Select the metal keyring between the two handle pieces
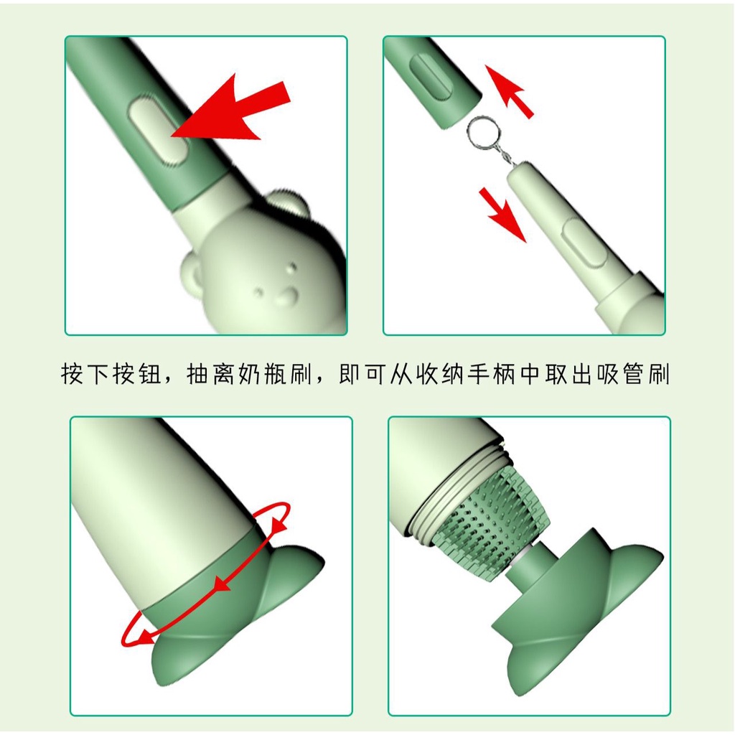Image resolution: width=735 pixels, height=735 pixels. [x=483, y=133]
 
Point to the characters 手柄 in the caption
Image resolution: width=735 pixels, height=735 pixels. [x=492, y=374]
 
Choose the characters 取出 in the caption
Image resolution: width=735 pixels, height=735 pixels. [x=569, y=374]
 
